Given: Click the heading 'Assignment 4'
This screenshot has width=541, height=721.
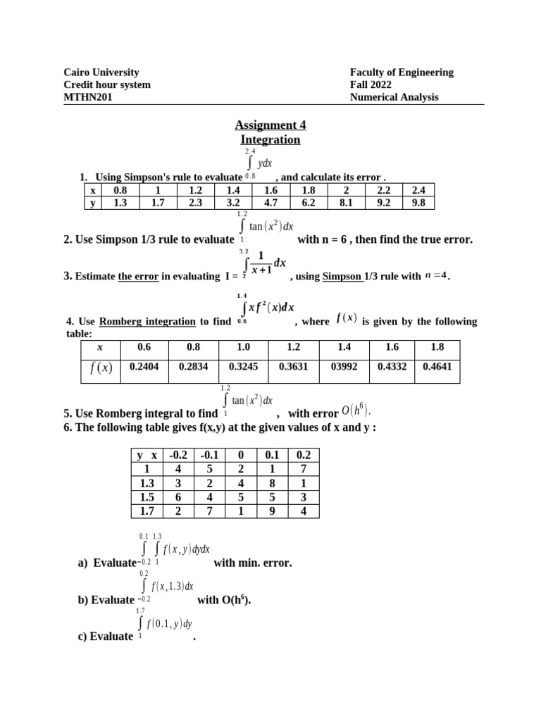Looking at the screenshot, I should (270, 125).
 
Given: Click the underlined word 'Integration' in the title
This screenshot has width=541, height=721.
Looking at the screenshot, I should (270, 139).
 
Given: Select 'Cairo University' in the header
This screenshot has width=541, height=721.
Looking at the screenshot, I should (101, 72).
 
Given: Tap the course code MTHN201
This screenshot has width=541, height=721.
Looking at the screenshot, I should (88, 97).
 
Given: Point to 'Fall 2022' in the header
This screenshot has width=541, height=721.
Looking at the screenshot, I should (371, 84).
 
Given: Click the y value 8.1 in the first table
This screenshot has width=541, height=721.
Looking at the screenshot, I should (346, 203).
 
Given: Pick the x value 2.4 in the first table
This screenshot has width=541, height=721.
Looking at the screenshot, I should (418, 190).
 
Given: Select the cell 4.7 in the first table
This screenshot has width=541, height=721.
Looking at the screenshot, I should (271, 203).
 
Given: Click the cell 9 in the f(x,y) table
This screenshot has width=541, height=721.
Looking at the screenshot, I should (273, 511).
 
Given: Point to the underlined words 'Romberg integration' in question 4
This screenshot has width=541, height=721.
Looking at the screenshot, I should (147, 322).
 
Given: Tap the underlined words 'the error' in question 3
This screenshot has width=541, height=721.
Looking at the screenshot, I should (137, 276).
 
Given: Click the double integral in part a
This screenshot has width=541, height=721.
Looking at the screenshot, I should (176, 549).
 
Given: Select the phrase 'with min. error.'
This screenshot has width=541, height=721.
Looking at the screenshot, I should (252, 563).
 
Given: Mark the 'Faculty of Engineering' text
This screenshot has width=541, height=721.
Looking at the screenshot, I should (402, 72).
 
